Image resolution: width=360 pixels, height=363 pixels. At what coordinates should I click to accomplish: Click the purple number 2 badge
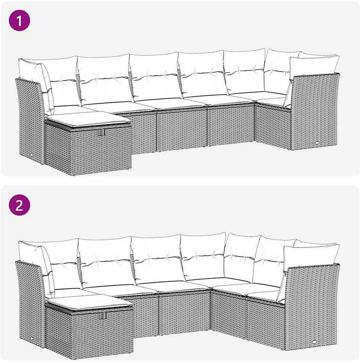pos(19,205)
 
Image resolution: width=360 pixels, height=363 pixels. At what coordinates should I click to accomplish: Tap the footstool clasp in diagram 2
pos(103,315)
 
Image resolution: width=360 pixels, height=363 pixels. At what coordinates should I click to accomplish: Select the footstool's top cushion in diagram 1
pos(88,119)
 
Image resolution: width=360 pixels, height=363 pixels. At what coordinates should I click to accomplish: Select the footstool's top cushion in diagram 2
pos(89,302)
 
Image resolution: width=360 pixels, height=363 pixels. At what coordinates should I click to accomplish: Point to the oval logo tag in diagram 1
pos(316,143)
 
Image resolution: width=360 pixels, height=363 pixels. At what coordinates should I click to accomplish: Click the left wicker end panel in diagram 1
pos(30,120)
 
